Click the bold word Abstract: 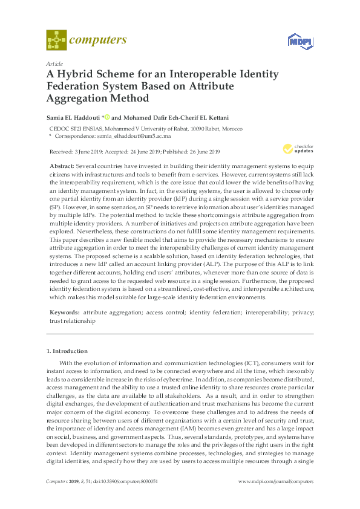pos(64,166)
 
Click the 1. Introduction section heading pos(67,351)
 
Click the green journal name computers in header pos(98,41)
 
